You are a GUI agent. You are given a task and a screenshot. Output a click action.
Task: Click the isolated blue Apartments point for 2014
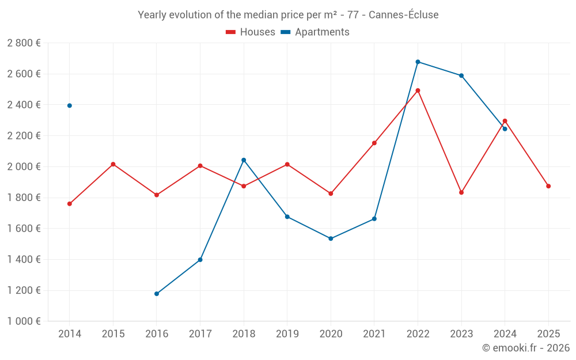(x=70, y=105)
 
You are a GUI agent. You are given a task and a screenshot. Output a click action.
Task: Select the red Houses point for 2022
(x=418, y=90)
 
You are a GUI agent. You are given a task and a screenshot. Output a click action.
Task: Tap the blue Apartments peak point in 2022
(x=418, y=62)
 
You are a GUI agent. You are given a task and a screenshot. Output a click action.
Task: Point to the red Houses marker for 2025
(x=548, y=186)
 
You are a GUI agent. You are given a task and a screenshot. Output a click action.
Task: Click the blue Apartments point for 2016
(x=157, y=294)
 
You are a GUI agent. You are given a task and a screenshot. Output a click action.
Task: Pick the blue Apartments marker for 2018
(x=244, y=160)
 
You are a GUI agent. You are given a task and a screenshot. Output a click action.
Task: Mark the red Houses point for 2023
(x=461, y=192)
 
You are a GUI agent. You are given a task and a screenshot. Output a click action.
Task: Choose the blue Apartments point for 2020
(x=331, y=238)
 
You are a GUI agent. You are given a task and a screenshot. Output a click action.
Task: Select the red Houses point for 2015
(x=113, y=164)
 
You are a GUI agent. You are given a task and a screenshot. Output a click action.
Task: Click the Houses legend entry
(x=251, y=32)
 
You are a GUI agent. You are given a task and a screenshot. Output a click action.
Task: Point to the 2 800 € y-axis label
(x=24, y=43)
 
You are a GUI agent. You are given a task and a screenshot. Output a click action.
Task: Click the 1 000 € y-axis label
(x=24, y=321)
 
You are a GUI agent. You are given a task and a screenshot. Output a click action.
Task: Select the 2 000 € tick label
(x=24, y=167)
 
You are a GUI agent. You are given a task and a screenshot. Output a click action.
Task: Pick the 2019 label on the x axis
(x=287, y=334)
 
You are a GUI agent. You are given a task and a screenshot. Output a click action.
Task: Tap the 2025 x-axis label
(x=548, y=334)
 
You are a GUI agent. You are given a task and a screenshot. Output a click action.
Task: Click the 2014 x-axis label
(x=70, y=334)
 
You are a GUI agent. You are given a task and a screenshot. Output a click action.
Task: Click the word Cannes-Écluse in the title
(x=403, y=15)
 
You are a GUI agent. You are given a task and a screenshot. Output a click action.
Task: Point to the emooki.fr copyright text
(x=526, y=348)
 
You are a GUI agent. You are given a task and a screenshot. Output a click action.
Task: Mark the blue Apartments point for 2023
(x=461, y=75)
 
